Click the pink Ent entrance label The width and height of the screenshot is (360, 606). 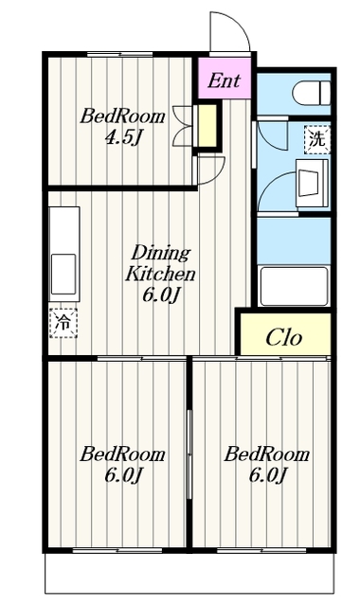[224, 80]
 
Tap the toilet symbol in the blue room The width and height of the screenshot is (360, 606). [312, 93]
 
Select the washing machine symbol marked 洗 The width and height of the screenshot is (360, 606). [317, 139]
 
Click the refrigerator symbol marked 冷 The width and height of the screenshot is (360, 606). [63, 323]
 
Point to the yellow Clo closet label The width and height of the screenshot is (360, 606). [283, 337]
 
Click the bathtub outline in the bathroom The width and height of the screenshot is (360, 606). [295, 286]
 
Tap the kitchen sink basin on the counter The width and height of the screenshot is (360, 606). [63, 274]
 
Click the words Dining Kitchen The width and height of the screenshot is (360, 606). [160, 263]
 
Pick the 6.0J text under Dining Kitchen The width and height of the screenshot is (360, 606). [161, 295]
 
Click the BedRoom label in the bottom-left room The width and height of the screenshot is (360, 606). [122, 454]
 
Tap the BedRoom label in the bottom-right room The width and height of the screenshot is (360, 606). [267, 454]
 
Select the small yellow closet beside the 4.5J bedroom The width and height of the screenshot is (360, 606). [207, 126]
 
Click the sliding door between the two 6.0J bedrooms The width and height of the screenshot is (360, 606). [189, 454]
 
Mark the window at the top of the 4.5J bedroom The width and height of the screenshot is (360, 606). [119, 54]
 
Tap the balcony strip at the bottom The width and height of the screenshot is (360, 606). [189, 573]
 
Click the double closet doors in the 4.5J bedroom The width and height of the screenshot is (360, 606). [183, 126]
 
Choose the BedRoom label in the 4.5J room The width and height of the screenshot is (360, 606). [122, 116]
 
